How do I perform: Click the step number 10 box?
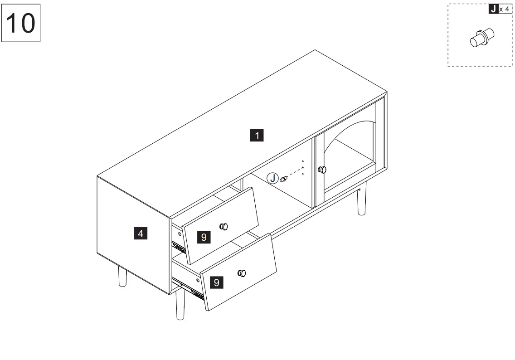pyautogui.click(x=21, y=23)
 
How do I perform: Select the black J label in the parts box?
pyautogui.click(x=493, y=9)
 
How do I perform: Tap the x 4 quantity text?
pyautogui.click(x=504, y=10)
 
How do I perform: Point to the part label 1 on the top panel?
pyautogui.click(x=257, y=135)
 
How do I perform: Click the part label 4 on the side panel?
pyautogui.click(x=141, y=234)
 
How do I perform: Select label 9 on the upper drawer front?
pyautogui.click(x=204, y=237)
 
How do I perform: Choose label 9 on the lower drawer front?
pyautogui.click(x=217, y=282)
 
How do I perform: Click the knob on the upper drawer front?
pyautogui.click(x=224, y=227)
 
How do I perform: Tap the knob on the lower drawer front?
pyautogui.click(x=242, y=273)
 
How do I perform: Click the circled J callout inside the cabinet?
pyautogui.click(x=272, y=178)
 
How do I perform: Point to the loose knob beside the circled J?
pyautogui.click(x=283, y=179)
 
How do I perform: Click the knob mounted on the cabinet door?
pyautogui.click(x=322, y=170)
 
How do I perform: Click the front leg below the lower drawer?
pyautogui.click(x=180, y=305)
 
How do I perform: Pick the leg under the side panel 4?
pyautogui.click(x=122, y=277)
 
